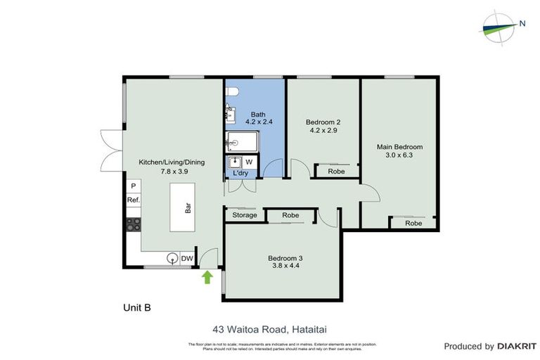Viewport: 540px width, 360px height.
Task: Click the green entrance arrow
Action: point(207,277)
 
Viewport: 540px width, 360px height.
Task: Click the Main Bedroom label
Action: point(399,150)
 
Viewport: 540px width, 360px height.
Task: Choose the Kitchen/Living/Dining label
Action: point(172,166)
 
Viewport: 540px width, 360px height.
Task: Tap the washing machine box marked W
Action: point(249,162)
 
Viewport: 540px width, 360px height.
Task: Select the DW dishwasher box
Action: point(187,259)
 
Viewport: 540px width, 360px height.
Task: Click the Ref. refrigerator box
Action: point(133,200)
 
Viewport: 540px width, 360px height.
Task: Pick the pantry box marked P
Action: point(133,186)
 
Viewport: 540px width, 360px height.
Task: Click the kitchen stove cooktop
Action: point(133,224)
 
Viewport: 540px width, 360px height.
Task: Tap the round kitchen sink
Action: point(172,259)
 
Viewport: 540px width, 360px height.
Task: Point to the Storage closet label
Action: point(244,215)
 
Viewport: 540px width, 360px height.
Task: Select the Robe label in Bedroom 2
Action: point(336,171)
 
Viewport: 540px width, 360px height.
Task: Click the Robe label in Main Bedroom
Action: point(413,223)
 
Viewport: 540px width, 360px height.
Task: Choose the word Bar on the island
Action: point(188,208)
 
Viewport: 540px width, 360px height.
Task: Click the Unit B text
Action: point(136,307)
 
